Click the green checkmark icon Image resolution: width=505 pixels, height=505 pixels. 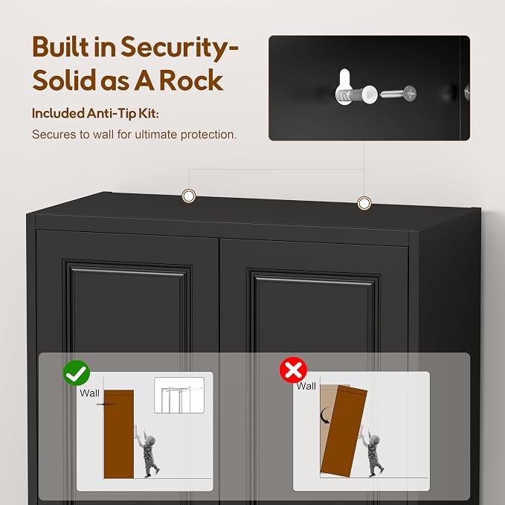click(x=77, y=373)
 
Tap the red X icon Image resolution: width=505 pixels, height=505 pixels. click(x=293, y=370)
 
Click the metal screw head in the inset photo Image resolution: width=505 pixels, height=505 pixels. click(x=410, y=94)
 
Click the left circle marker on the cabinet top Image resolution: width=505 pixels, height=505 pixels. click(x=189, y=196)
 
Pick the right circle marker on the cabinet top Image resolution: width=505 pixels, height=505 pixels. click(x=364, y=203)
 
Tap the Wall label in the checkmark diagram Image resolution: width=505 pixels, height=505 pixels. click(x=89, y=393)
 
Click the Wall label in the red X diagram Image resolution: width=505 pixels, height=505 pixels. click(x=306, y=386)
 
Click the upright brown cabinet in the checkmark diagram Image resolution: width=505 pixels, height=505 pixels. click(x=119, y=434)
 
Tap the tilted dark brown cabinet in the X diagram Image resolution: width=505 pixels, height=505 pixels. click(x=344, y=431)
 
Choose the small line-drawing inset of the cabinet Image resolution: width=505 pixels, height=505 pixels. click(x=179, y=395)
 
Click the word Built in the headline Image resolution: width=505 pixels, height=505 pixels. click(x=60, y=47)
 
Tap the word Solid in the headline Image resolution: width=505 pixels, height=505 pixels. click(x=65, y=80)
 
